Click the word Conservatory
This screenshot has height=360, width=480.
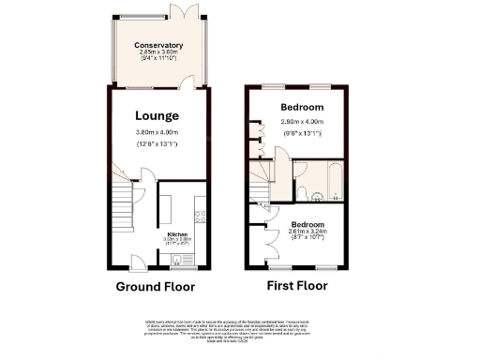157,45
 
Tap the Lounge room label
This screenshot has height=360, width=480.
156,115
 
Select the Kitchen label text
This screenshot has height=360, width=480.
177,233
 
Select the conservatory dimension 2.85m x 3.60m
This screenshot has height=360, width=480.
157,53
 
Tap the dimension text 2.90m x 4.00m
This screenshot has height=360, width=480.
302,122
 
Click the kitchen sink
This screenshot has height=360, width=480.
175,258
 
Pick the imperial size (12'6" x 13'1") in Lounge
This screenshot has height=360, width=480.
156,143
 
